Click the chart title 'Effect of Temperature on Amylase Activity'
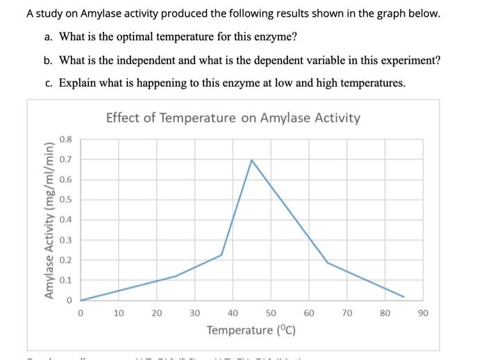point(233,117)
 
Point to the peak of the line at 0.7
point(251,160)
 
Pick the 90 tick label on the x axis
point(423,313)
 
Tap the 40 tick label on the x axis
point(233,313)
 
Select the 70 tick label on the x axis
point(346,313)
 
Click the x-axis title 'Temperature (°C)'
point(251,329)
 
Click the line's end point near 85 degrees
point(404,297)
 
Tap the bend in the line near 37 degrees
point(221,255)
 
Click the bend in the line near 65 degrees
point(328,262)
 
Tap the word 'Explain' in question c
point(78,83)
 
